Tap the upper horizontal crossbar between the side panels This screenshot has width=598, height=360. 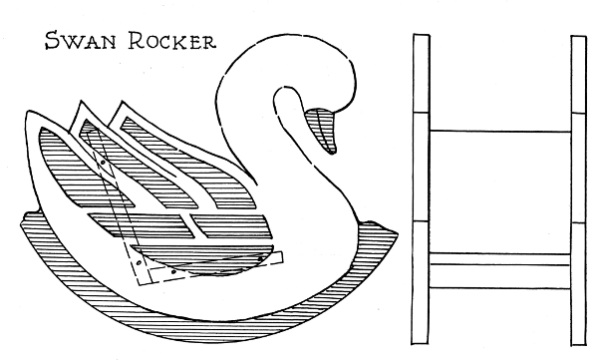click(499, 131)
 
